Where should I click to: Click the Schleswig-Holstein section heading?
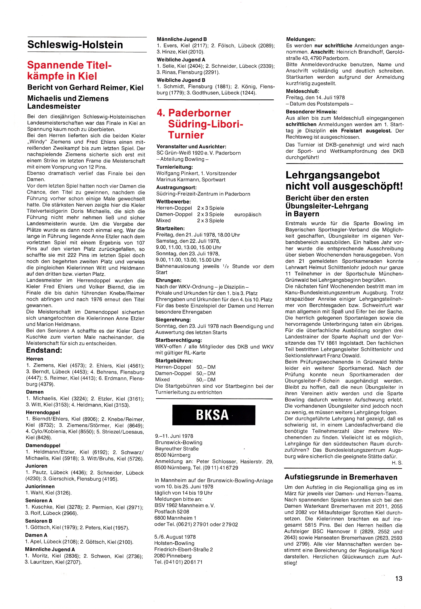click(x=75, y=45)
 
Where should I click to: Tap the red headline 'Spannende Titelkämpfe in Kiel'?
click(x=69, y=70)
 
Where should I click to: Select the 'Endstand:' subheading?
click(x=44, y=350)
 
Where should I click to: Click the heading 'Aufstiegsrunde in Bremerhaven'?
click(x=341, y=477)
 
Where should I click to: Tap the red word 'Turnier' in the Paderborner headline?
click(x=186, y=135)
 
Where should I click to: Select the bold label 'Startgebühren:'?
click(x=174, y=360)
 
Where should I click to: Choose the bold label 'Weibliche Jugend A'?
click(x=181, y=60)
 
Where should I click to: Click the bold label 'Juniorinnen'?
click(x=40, y=486)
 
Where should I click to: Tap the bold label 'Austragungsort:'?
click(x=176, y=187)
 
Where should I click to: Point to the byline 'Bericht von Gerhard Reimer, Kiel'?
click(x=86, y=88)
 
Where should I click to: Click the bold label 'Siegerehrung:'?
click(x=173, y=320)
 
